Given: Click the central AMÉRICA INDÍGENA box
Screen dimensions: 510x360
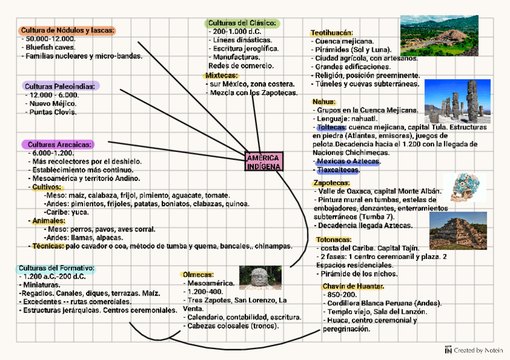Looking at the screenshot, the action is pyautogui.click(x=263, y=162).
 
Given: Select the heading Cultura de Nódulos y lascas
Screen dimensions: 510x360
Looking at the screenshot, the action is pyautogui.click(x=67, y=30).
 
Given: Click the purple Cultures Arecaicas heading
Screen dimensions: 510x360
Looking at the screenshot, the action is pyautogui.click(x=58, y=144).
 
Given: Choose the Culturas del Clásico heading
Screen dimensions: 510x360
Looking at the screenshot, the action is pyautogui.click(x=241, y=23).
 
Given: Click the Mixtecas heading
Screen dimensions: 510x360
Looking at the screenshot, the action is pyautogui.click(x=221, y=76).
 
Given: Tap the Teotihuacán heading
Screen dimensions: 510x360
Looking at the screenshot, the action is pyautogui.click(x=331, y=32).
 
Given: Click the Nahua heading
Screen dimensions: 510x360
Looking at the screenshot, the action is pyautogui.click(x=324, y=102).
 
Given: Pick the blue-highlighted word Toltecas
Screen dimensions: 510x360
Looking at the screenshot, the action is pyautogui.click(x=330, y=127).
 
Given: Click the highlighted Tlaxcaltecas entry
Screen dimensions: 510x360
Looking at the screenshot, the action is pyautogui.click(x=337, y=170).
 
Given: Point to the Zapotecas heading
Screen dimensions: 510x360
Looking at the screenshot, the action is pyautogui.click(x=331, y=183).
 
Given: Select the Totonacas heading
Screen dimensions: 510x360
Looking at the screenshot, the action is pyautogui.click(x=333, y=239).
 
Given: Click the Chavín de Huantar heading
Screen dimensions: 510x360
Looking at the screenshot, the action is pyautogui.click(x=353, y=286).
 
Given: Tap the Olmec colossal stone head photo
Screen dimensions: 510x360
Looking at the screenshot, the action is pyautogui.click(x=260, y=278).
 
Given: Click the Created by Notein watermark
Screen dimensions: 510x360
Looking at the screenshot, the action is pyautogui.click(x=473, y=350).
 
